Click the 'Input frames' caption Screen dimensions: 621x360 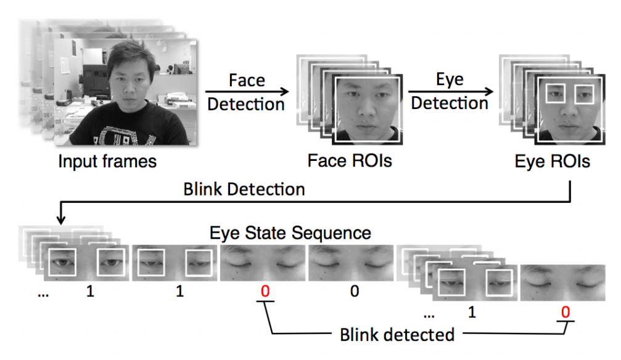coord(107,162)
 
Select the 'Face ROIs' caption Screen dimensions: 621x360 coord(350,161)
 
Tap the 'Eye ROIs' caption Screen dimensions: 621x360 coord(552,161)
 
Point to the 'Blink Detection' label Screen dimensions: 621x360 coord(244,189)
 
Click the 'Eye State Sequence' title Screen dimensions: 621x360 coord(290,233)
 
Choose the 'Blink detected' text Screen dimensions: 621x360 coord(397,335)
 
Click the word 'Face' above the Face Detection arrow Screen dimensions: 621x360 coord(247,80)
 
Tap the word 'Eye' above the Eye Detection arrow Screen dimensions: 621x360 coord(450,80)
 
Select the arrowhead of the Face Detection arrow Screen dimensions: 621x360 coord(285,92)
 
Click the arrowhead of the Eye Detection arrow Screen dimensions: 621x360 coord(489,91)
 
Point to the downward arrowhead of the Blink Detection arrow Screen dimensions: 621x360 coord(60,219)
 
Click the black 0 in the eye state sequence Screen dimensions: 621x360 coord(355,291)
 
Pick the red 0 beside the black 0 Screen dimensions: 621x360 coord(265,291)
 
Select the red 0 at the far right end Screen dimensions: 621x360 coord(565,312)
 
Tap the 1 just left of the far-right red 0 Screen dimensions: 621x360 coord(472,312)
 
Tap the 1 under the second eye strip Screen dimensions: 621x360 coord(180,291)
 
